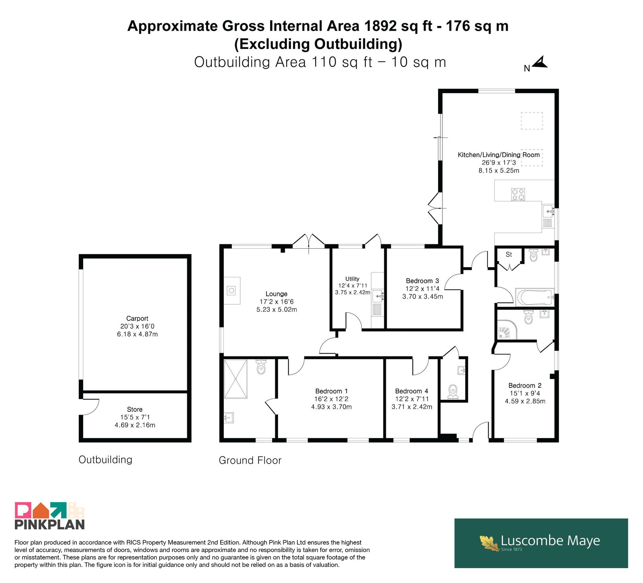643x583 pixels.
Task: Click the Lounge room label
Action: tap(276, 294)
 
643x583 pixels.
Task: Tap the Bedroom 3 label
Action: tap(422, 281)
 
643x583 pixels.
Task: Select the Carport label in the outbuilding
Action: tap(137, 319)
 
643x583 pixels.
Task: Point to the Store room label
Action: tap(135, 409)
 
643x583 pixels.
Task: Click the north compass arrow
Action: tap(540, 62)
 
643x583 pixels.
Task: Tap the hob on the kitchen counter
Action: tap(518, 194)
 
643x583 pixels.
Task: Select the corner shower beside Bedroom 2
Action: tap(507, 329)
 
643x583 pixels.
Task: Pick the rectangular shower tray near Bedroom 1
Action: tap(235, 379)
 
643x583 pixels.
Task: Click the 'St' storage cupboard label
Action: tap(509, 255)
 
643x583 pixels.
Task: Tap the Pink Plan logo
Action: tap(50, 516)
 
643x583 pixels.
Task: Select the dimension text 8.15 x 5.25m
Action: tap(499, 170)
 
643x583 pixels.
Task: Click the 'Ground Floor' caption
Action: tap(250, 460)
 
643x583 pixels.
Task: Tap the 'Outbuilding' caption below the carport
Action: tap(105, 460)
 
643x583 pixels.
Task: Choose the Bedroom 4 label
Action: tap(412, 391)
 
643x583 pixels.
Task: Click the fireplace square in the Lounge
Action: tap(232, 290)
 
